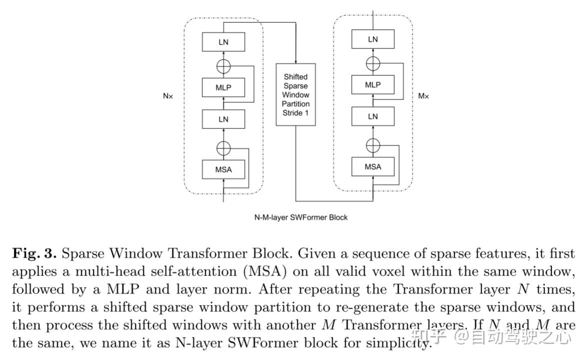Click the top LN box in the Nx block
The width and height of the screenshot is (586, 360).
223,42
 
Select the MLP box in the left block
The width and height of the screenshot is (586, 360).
223,87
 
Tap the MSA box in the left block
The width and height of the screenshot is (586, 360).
223,169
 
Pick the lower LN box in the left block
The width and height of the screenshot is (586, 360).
223,119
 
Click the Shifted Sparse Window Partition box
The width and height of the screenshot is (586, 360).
296,94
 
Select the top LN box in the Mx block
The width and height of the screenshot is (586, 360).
373,39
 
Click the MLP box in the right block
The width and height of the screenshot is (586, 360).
373,85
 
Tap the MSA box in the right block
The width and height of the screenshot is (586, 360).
373,166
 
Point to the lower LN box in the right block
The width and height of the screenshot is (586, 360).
373,116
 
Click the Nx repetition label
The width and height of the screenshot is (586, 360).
168,96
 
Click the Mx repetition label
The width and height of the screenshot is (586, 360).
423,95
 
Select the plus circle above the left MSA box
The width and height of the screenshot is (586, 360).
223,148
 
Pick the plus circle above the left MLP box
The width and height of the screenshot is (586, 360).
223,65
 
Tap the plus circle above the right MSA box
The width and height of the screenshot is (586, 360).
373,145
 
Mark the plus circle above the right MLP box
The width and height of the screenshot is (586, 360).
373,63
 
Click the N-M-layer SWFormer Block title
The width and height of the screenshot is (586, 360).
301,217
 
